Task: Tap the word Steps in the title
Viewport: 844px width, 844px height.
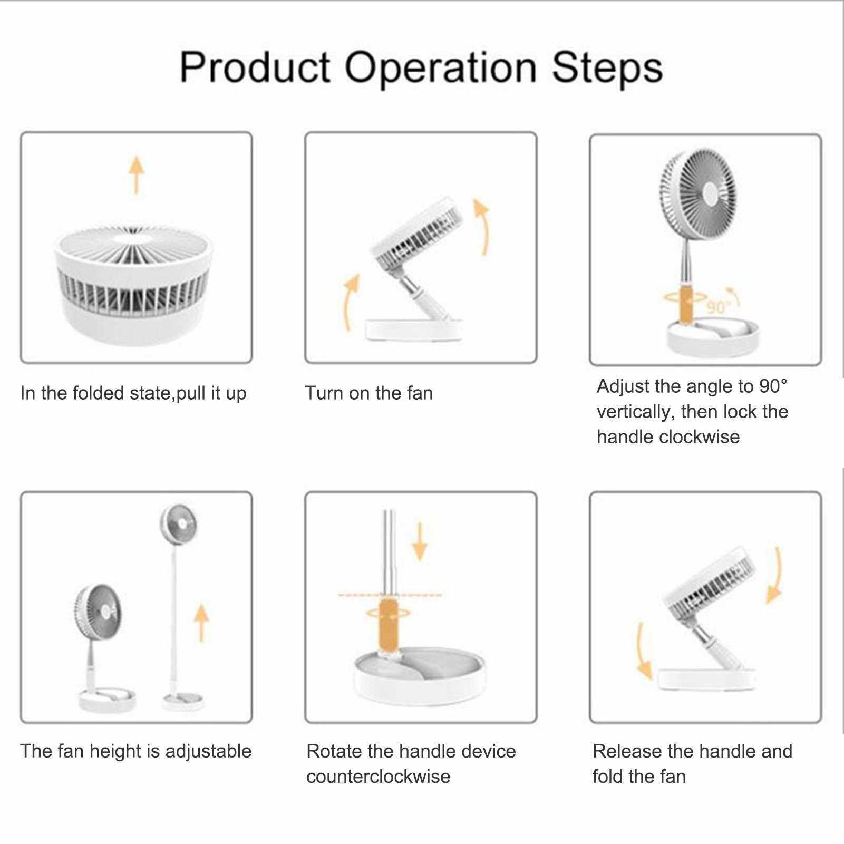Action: pos(607,67)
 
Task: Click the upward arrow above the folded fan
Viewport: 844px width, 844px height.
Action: pos(137,174)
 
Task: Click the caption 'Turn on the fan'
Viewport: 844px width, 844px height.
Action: pos(369,393)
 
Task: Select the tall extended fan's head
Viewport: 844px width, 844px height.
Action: pos(178,525)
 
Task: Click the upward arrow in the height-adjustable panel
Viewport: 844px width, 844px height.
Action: pos(201,623)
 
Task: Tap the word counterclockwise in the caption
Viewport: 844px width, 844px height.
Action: pos(379,777)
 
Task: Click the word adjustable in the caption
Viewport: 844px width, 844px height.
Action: pos(208,752)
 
